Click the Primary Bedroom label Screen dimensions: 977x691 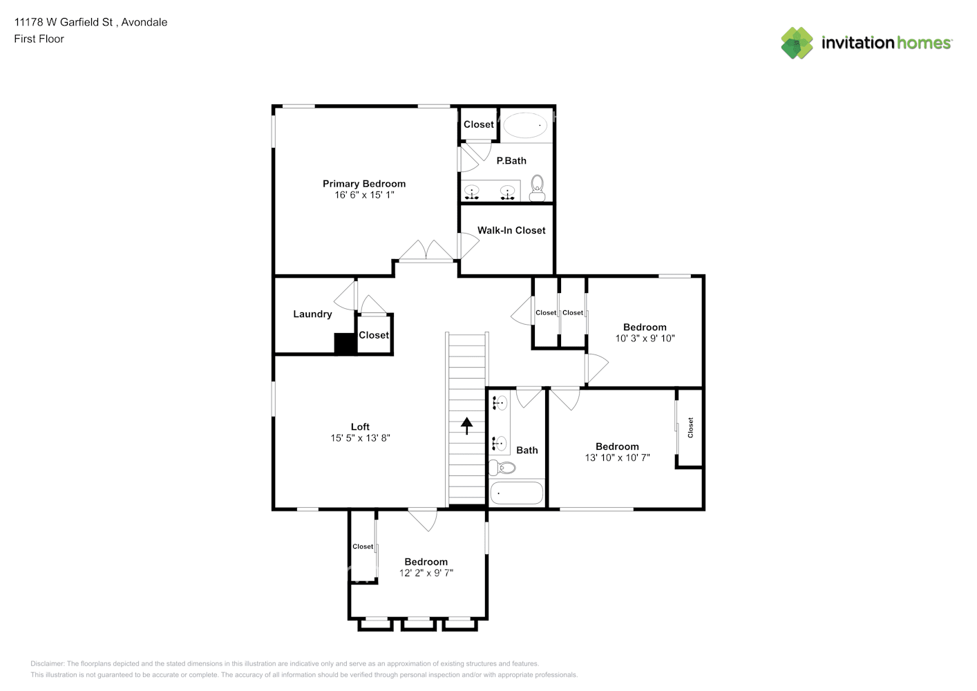click(364, 184)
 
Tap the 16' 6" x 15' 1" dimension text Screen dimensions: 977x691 click(364, 195)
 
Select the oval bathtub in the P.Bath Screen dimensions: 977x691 click(525, 125)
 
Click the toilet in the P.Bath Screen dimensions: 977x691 click(537, 188)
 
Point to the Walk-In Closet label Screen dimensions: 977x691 click(511, 230)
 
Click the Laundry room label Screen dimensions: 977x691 click(312, 314)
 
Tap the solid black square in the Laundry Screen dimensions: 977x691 click(345, 343)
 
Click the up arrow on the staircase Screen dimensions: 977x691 click(466, 426)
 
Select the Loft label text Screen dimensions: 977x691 click(360, 426)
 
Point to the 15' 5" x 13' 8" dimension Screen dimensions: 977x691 click(360, 438)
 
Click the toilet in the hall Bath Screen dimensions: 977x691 click(502, 468)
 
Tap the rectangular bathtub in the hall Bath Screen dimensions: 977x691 click(516, 493)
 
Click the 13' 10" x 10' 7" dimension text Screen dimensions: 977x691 click(617, 457)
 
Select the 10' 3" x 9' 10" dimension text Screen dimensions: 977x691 click(645, 339)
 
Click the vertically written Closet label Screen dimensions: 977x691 click(690, 428)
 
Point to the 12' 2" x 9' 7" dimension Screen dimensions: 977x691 click(426, 573)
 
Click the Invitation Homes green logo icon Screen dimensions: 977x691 click(797, 43)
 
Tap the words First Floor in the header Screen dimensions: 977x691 click(39, 39)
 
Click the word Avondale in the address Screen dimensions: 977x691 click(144, 22)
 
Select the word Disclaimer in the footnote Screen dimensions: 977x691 click(47, 663)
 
